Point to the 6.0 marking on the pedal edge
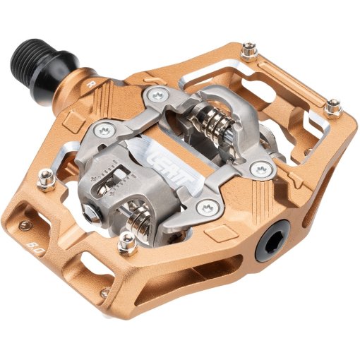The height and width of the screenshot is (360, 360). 32,249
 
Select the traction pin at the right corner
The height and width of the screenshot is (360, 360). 334,107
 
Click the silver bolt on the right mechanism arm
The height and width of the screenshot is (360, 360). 262,170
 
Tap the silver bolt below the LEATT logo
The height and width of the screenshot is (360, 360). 206,207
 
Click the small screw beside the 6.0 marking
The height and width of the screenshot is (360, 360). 27,226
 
